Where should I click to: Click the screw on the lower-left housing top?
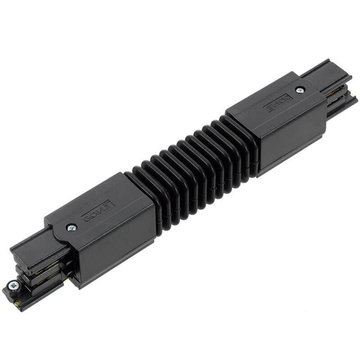pos(72,227)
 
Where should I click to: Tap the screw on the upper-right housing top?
pos(300,90)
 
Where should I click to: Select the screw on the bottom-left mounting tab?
pos(13,285)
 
